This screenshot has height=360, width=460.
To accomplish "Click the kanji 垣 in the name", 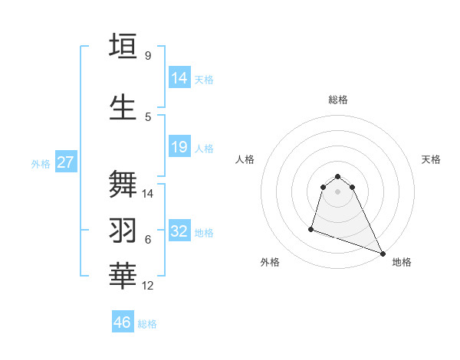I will (x=123, y=46).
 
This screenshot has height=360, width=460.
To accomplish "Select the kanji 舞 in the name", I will (x=123, y=185).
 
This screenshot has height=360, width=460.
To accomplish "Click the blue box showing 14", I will (x=179, y=77).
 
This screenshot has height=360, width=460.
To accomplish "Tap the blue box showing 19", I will (x=179, y=147).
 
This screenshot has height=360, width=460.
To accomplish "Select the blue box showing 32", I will (x=179, y=231).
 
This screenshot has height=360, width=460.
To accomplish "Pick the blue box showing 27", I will (x=65, y=162).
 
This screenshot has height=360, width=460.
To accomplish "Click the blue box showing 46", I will (x=123, y=322).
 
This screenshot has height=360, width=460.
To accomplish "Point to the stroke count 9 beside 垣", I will (x=148, y=55).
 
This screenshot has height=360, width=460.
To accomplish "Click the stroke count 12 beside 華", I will (x=148, y=286).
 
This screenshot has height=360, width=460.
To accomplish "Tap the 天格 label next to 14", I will (x=204, y=79).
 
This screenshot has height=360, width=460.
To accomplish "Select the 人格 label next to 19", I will (x=204, y=148).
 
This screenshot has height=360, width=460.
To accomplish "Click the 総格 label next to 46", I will (x=147, y=324).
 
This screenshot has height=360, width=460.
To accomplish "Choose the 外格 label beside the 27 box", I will (x=41, y=163).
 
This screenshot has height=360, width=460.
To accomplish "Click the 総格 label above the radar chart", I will (x=338, y=100).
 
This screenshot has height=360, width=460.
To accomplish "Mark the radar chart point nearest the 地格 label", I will (x=382, y=254).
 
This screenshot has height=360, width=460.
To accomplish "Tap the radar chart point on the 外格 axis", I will (x=311, y=228).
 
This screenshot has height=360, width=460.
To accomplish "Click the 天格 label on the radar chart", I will (x=432, y=159).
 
